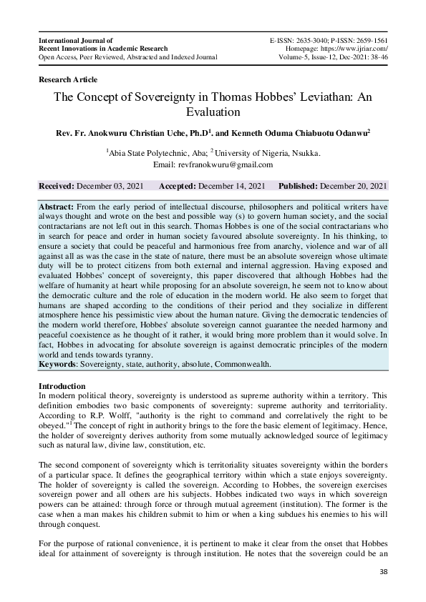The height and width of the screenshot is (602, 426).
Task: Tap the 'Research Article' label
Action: [x=68, y=79]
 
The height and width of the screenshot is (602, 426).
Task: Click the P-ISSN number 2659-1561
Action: [x=368, y=39]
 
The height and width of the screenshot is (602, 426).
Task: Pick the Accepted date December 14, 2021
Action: [x=231, y=186]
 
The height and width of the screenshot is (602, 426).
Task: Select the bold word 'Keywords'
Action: [x=58, y=364]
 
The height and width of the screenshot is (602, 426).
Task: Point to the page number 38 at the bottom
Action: [x=384, y=572]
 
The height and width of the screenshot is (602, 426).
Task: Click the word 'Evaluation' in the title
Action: [x=213, y=112]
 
